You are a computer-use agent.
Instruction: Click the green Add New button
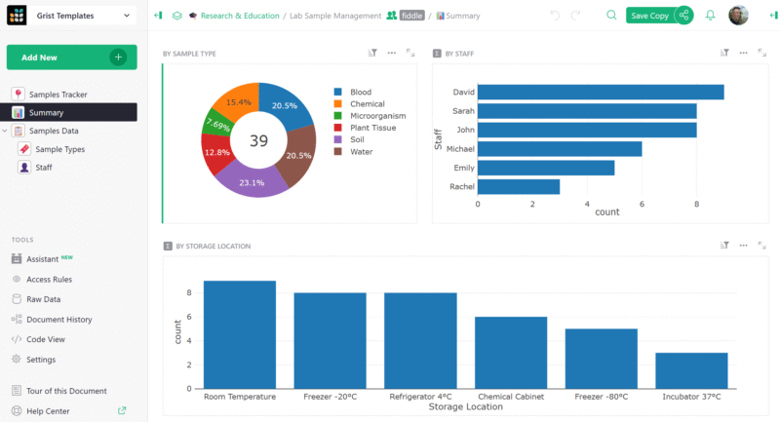click(71, 58)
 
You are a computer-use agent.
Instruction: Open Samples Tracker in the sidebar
click(58, 94)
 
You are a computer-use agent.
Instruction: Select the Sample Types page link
click(59, 149)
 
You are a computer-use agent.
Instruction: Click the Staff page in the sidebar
click(44, 168)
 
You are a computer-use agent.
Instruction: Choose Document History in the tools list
click(58, 319)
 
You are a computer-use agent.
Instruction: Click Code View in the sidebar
click(45, 339)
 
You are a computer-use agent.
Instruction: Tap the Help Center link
click(48, 411)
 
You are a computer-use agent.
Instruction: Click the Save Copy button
click(648, 16)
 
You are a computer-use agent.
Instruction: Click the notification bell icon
click(710, 16)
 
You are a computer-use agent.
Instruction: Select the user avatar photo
click(739, 16)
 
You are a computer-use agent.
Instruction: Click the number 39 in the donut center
click(258, 141)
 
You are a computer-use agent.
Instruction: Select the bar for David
click(600, 92)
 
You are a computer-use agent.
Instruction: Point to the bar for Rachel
click(518, 186)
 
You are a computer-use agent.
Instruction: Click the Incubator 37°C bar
click(691, 370)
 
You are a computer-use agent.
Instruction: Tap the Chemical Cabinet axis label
click(511, 397)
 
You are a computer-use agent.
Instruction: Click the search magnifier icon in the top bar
click(611, 16)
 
